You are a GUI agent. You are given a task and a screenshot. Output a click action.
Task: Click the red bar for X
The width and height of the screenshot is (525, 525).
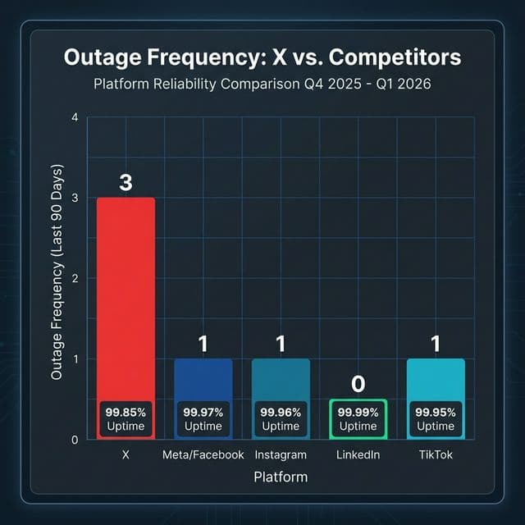pyautogui.click(x=126, y=295)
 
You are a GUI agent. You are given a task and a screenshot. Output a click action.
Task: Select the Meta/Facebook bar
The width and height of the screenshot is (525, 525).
pyautogui.click(x=203, y=378)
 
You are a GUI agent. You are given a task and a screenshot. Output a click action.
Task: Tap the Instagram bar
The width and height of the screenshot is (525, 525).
pyautogui.click(x=281, y=378)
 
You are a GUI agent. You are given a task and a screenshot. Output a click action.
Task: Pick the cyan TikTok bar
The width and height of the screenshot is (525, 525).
pyautogui.click(x=436, y=378)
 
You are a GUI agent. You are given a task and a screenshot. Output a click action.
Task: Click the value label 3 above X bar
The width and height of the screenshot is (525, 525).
pyautogui.click(x=126, y=182)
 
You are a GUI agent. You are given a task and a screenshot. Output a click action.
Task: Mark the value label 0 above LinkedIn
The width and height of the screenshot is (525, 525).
pyautogui.click(x=358, y=384)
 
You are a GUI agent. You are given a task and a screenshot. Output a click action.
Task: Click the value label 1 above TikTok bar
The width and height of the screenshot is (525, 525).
pyautogui.click(x=436, y=344)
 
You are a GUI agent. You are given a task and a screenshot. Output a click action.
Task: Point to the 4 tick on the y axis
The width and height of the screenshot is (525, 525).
pyautogui.click(x=75, y=118)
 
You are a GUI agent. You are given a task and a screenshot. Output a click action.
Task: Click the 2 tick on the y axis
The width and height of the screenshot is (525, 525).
pyautogui.click(x=75, y=279)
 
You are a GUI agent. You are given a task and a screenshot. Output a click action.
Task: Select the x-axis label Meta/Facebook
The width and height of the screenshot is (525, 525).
pyautogui.click(x=203, y=455)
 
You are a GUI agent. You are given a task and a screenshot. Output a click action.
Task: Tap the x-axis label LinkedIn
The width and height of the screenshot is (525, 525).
pyautogui.click(x=358, y=455)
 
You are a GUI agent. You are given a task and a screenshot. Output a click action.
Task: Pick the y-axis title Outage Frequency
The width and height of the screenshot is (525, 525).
pyautogui.click(x=57, y=279)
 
